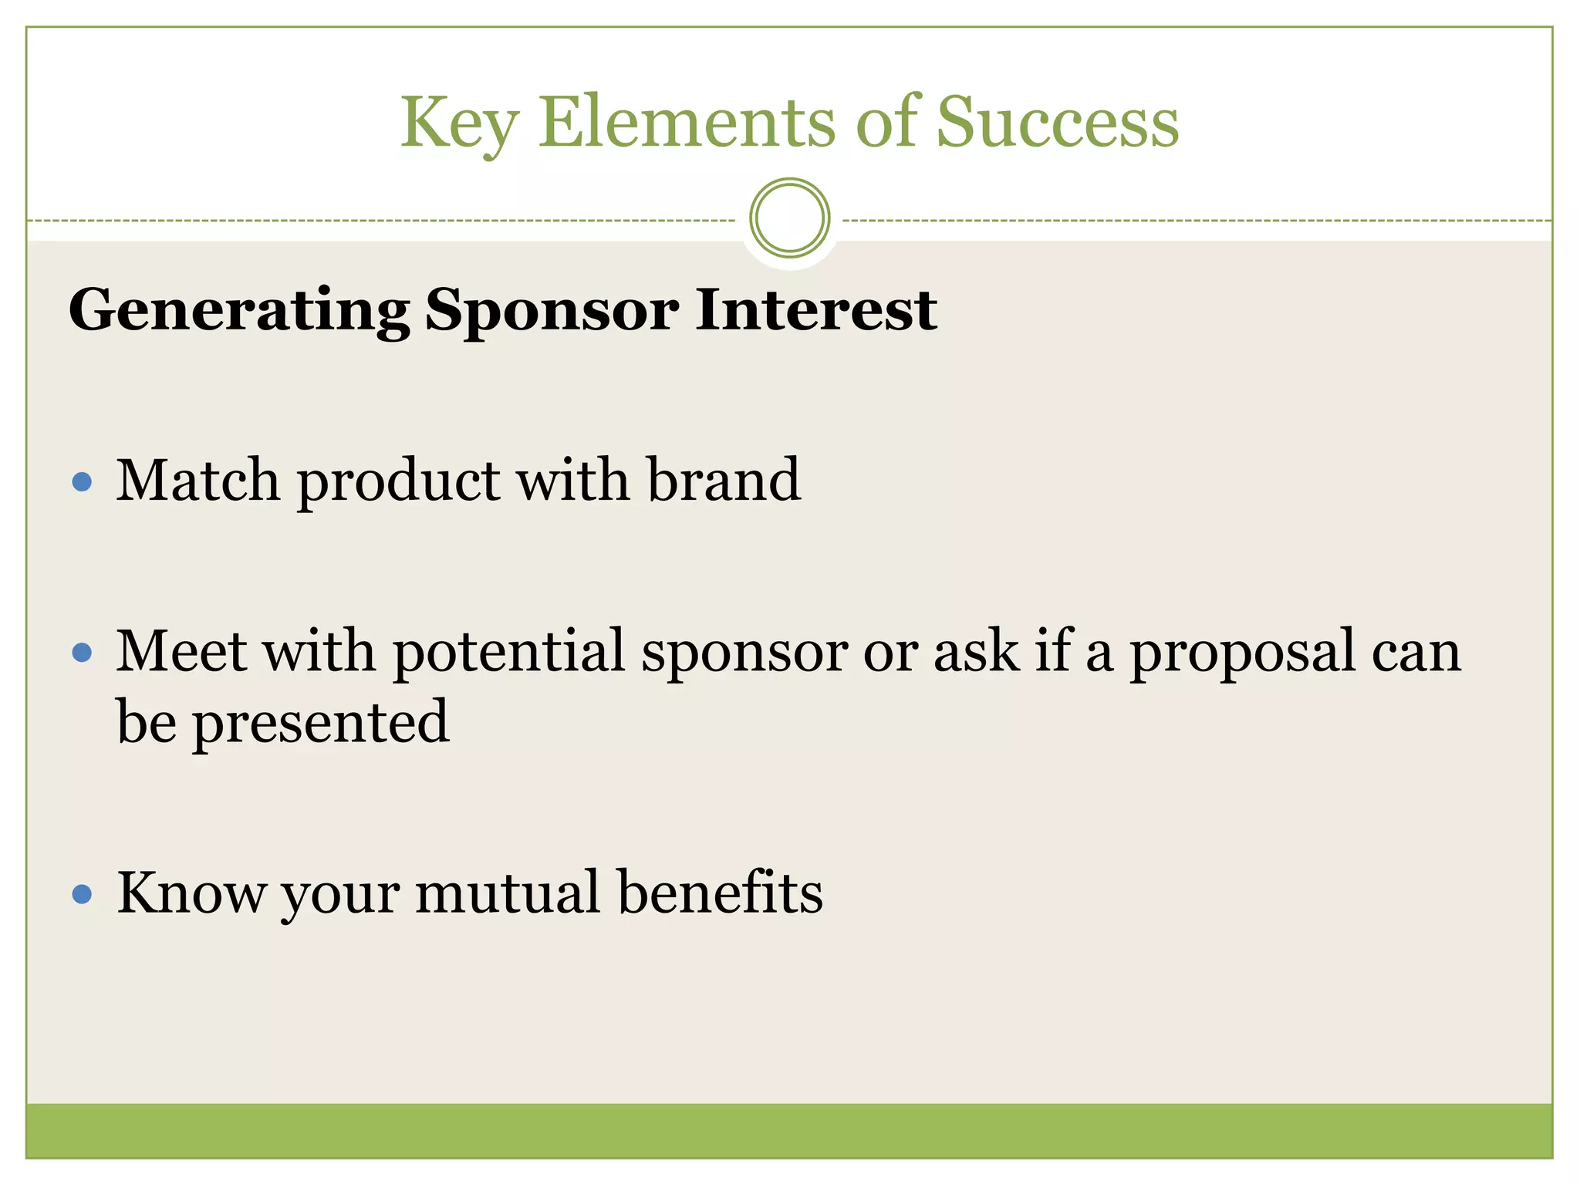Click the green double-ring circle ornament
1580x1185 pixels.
(789, 218)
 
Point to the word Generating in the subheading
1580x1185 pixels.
(239, 310)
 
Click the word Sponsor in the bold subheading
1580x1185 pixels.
(552, 310)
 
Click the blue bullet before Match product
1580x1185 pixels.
(82, 483)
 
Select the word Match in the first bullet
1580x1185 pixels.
(197, 480)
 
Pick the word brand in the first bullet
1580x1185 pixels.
(724, 480)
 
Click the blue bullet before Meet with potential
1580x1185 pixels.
(82, 653)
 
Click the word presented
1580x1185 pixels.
(320, 723)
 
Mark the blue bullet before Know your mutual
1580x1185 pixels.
(82, 895)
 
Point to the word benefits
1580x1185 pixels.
(721, 893)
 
